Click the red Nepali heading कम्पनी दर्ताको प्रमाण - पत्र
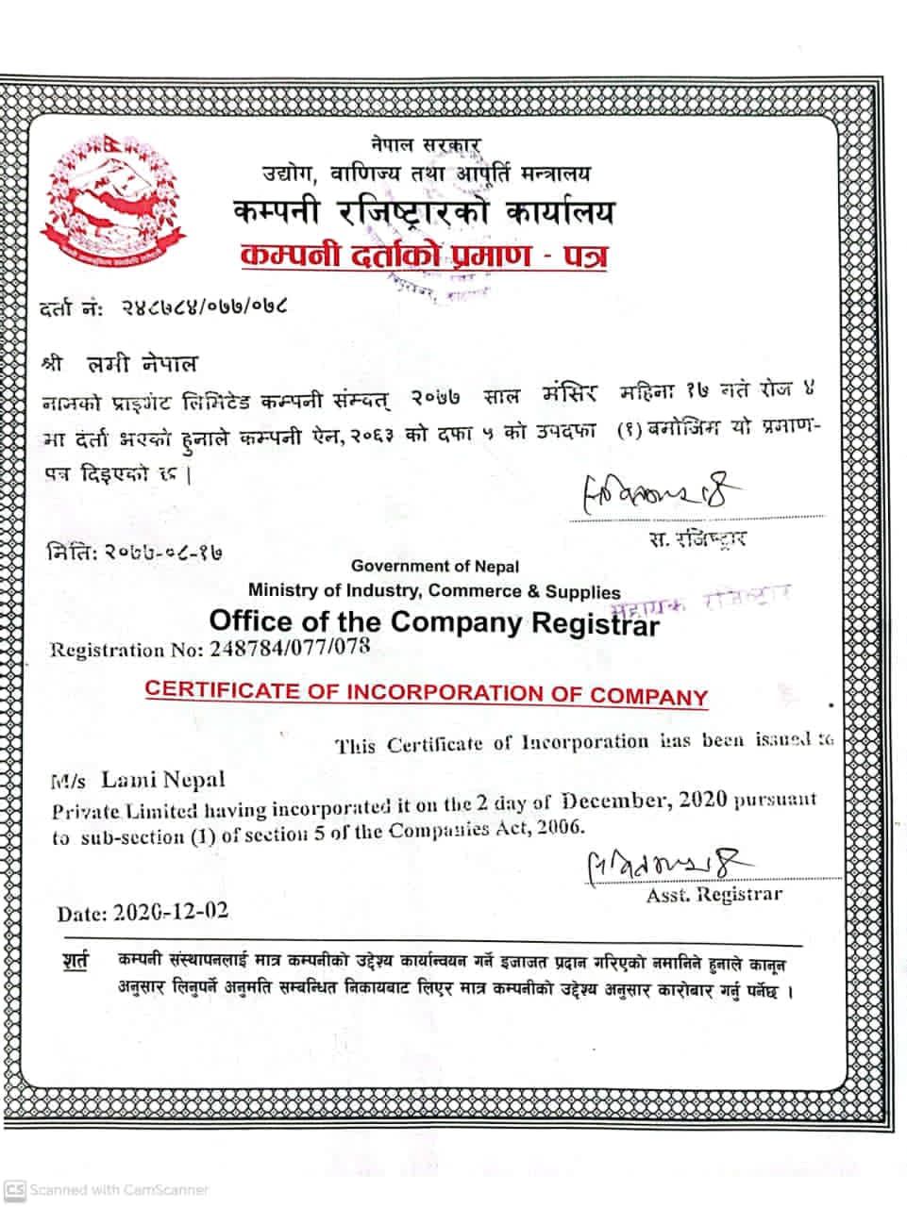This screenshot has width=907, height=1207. click(x=423, y=255)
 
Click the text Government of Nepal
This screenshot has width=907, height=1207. click(x=435, y=566)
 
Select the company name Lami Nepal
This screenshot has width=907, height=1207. click(x=163, y=780)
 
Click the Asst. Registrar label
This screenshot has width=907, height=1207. click(x=714, y=895)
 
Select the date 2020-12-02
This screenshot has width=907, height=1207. click(x=170, y=912)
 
